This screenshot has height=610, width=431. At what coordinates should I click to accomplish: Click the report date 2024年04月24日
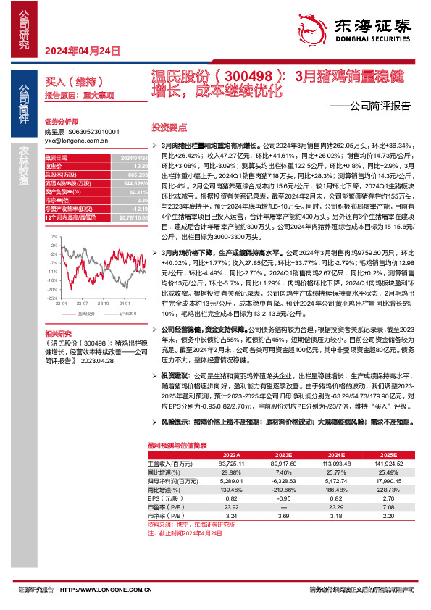(82, 51)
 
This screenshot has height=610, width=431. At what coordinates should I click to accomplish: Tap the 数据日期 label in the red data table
(56, 157)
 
